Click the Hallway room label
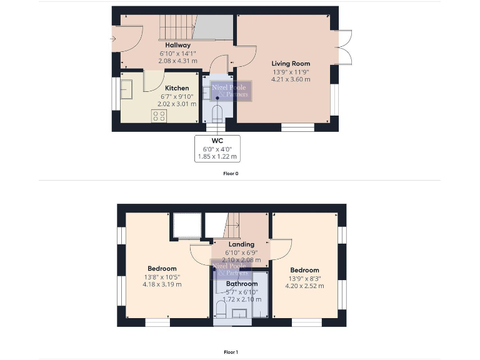pyautogui.click(x=177, y=45)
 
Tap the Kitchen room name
pyautogui.click(x=176, y=88)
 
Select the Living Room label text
pyautogui.click(x=290, y=64)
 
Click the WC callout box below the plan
pyautogui.click(x=217, y=149)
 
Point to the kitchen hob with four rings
pyautogui.click(x=159, y=116)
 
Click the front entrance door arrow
pyautogui.click(x=113, y=39)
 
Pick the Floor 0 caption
pyautogui.click(x=231, y=173)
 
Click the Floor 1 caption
pyautogui.click(x=231, y=352)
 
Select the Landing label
pyautogui.click(x=241, y=244)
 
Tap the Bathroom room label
pyautogui.click(x=242, y=284)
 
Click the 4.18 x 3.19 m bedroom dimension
pyautogui.click(x=162, y=284)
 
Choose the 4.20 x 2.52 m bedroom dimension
pyautogui.click(x=304, y=286)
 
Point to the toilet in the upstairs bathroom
pyautogui.click(x=220, y=309)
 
